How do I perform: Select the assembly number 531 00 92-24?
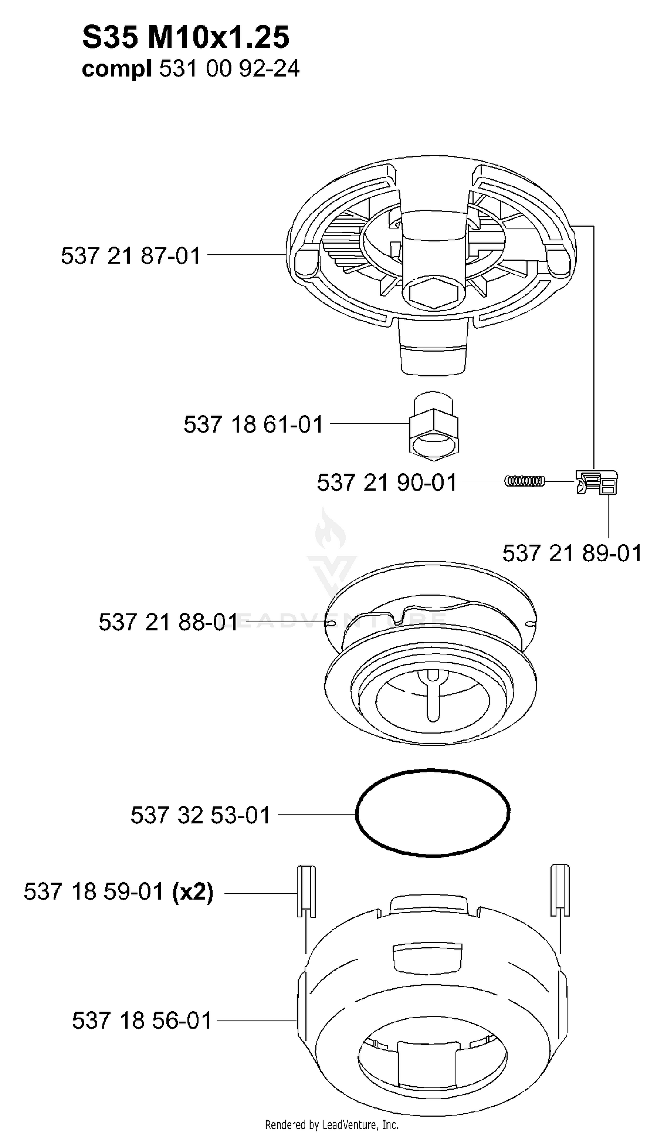pyautogui.click(x=229, y=70)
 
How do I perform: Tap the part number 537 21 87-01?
pyautogui.click(x=131, y=256)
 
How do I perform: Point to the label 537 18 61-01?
pyautogui.click(x=254, y=424)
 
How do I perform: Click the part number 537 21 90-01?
pyautogui.click(x=387, y=482)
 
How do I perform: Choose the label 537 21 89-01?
pyautogui.click(x=572, y=553)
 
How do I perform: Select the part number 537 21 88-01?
pyautogui.click(x=168, y=623)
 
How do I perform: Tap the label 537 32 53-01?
pyautogui.click(x=201, y=815)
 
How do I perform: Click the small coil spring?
pyautogui.click(x=525, y=481)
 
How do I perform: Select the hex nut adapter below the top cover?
pyautogui.click(x=434, y=426)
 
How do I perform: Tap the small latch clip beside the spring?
pyautogui.click(x=597, y=482)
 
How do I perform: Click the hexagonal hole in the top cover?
pyautogui.click(x=434, y=293)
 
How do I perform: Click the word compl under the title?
pyautogui.click(x=116, y=70)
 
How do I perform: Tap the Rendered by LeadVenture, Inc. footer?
pyautogui.click(x=332, y=1125)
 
